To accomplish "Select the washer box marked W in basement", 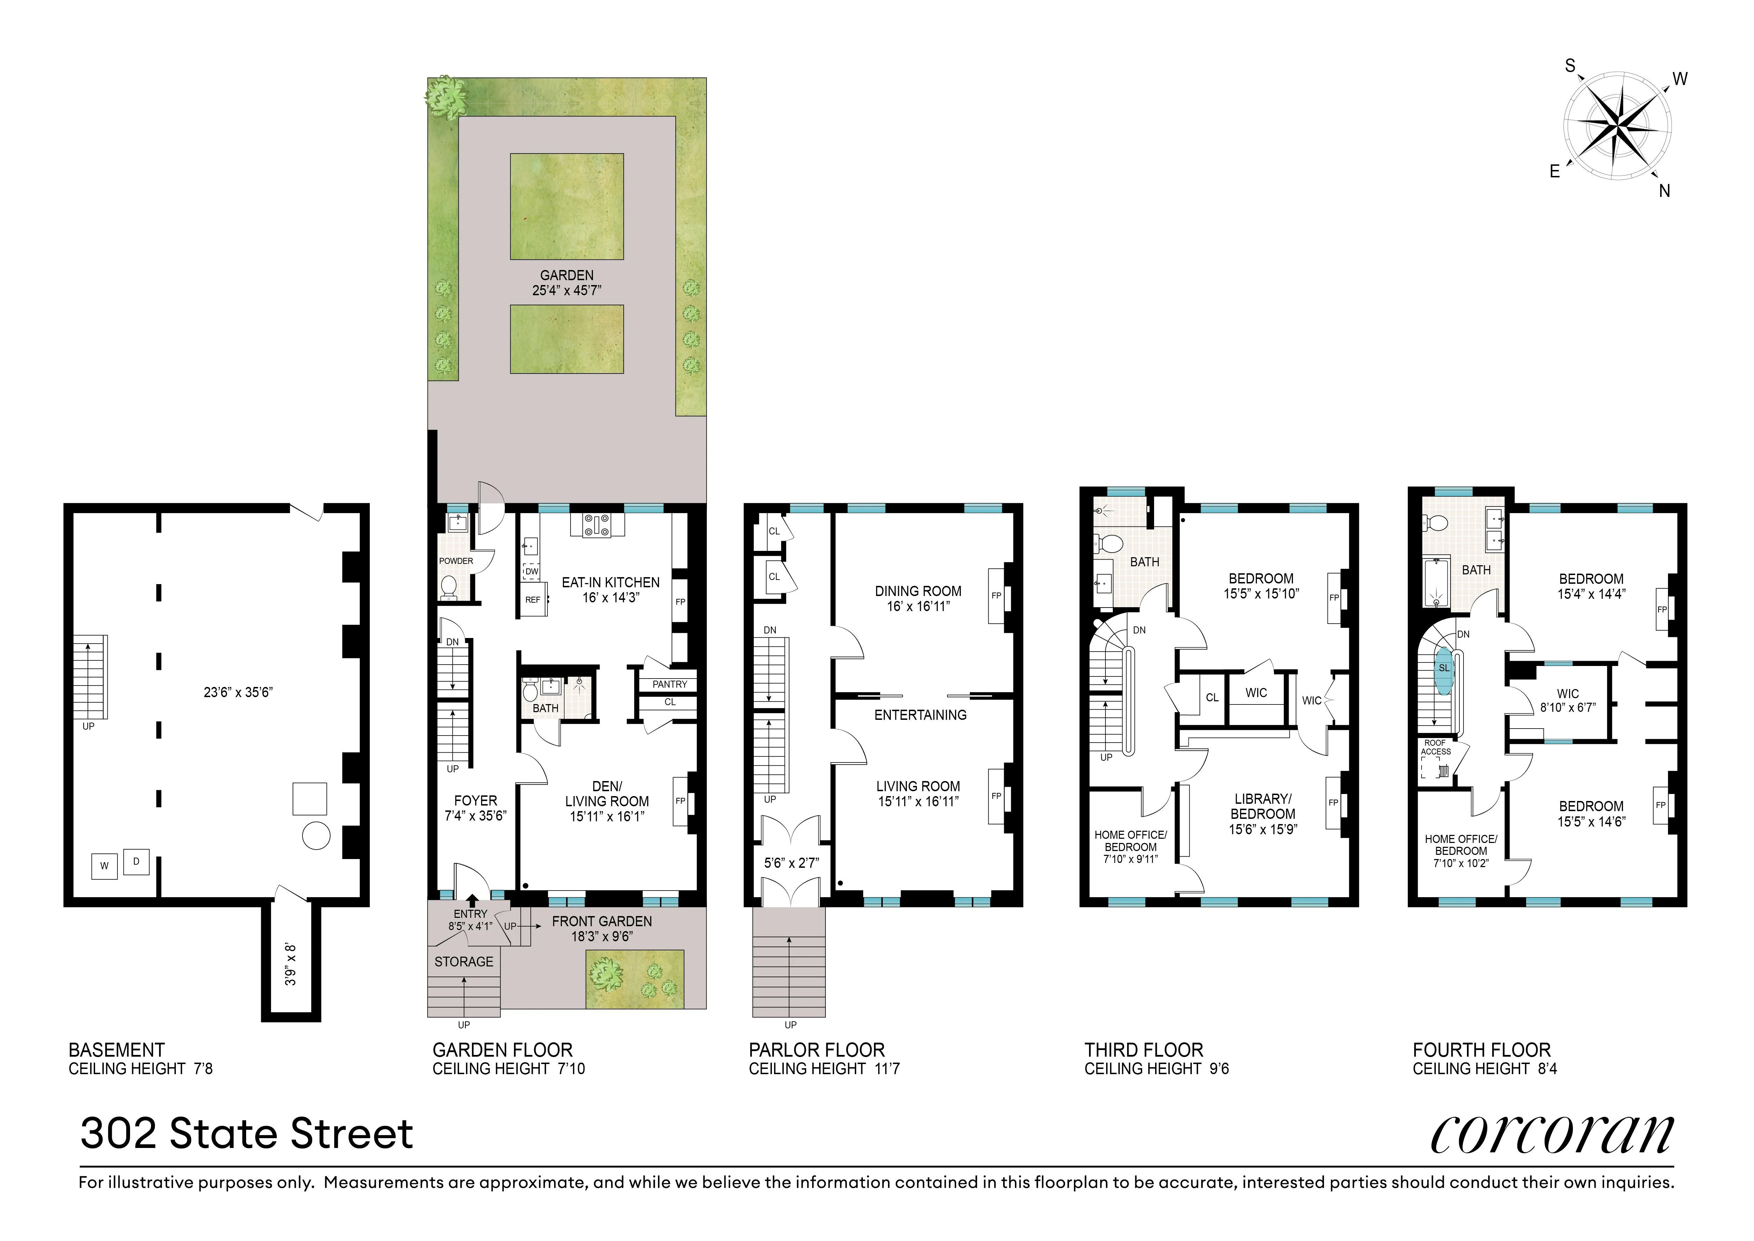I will pos(105,866).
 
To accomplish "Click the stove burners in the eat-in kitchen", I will pos(597,524).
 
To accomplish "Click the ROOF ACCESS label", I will pos(1436,747).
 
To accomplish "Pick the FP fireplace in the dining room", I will pos(996,596).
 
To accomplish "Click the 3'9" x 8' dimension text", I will pos(290,964).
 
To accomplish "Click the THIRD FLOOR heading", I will pos(1144,1050).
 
